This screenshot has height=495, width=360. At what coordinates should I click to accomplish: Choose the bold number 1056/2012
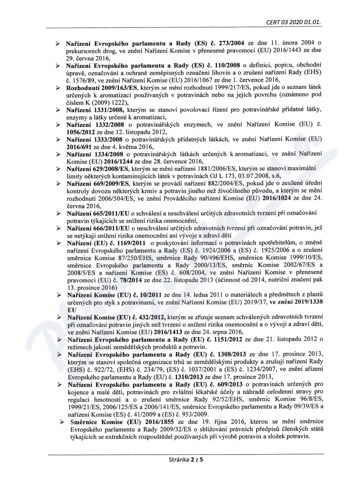tap(83, 131)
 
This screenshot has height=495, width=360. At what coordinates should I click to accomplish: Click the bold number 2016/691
tap(82, 146)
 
